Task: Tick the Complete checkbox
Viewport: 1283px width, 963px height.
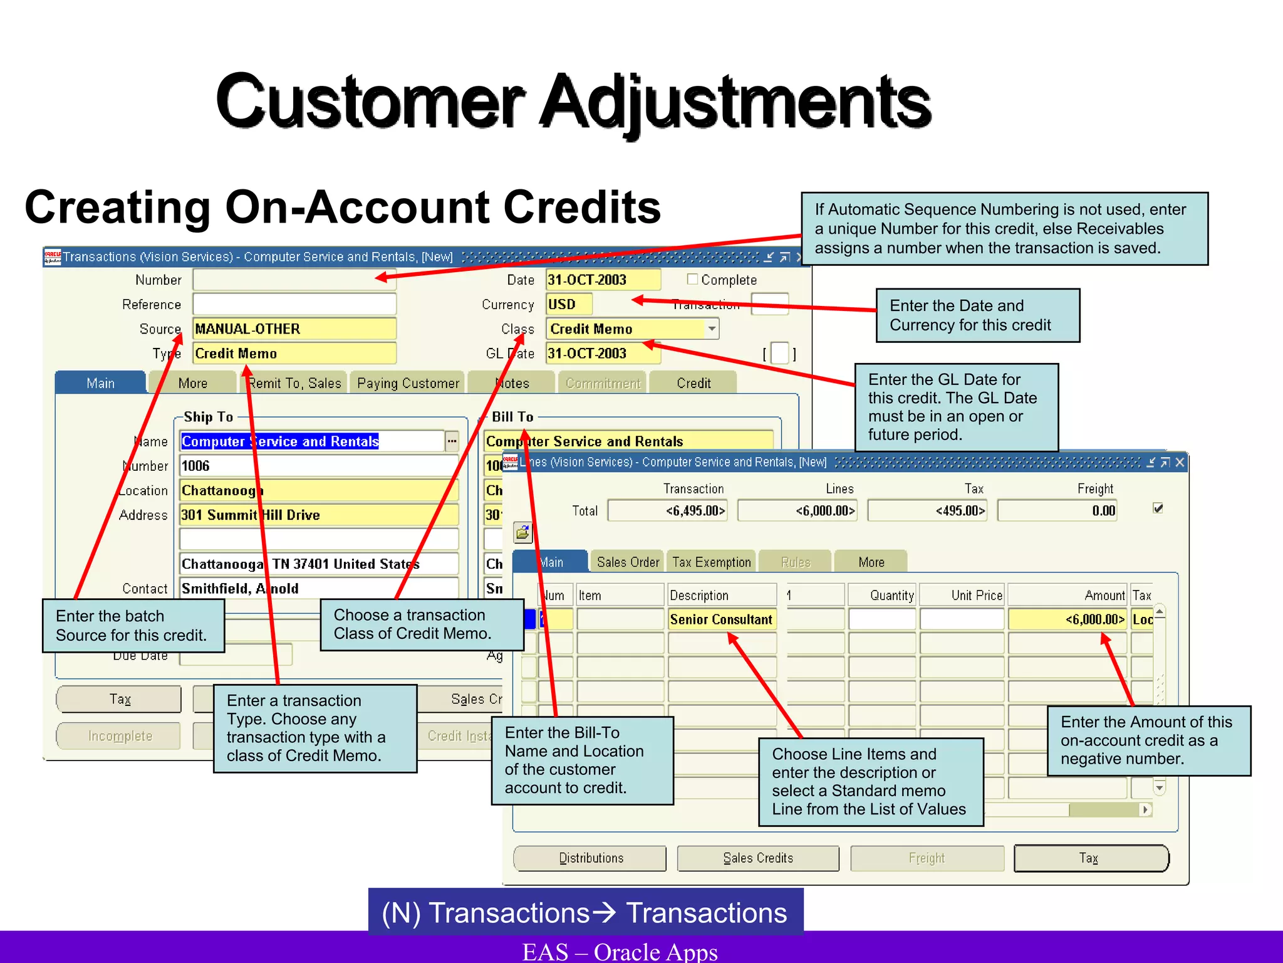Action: pyautogui.click(x=692, y=279)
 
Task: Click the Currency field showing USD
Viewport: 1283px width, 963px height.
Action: pyautogui.click(x=569, y=305)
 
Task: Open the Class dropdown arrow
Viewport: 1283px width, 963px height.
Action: pyautogui.click(x=712, y=329)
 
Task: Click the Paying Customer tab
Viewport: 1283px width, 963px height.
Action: pyautogui.click(x=408, y=383)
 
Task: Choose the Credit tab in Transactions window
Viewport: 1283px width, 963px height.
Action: pyautogui.click(x=693, y=383)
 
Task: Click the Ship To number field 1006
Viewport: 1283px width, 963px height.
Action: pyautogui.click(x=318, y=466)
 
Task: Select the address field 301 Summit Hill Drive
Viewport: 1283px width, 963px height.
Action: pyautogui.click(x=318, y=515)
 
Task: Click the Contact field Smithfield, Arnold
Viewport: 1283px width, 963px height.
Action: pyautogui.click(x=318, y=589)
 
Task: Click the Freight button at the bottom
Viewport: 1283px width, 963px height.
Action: pyautogui.click(x=927, y=858)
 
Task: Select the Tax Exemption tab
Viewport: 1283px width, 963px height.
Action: pyautogui.click(x=711, y=562)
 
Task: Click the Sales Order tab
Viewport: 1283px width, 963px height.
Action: pyautogui.click(x=628, y=562)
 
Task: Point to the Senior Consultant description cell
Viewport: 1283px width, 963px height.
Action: pyautogui.click(x=722, y=619)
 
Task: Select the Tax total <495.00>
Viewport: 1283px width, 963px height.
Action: pyautogui.click(x=928, y=511)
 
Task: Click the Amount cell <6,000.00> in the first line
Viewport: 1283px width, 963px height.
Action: pyautogui.click(x=1067, y=619)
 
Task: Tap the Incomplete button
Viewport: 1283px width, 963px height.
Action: pyautogui.click(x=119, y=736)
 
